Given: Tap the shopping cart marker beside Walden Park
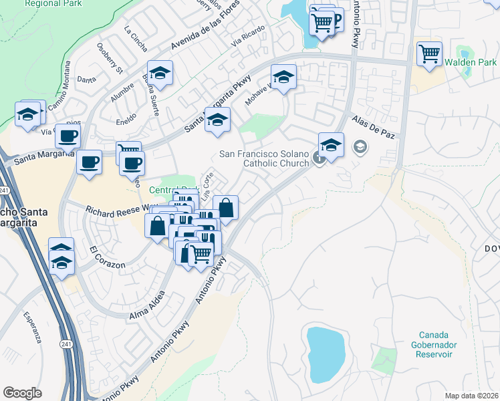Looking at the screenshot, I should tap(428, 53).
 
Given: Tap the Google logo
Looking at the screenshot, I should tap(22, 392).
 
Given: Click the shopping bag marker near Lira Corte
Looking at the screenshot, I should tap(226, 207).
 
